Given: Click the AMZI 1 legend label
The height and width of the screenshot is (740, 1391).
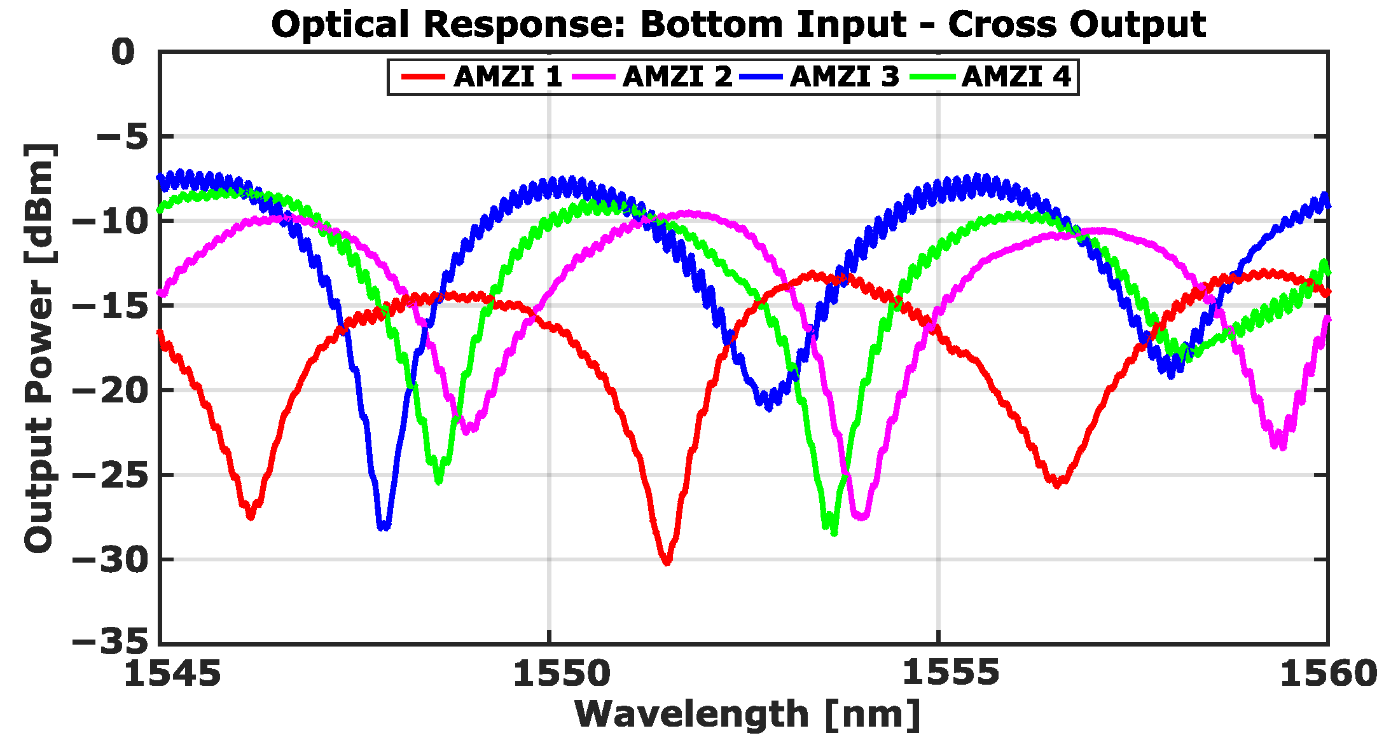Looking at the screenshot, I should coord(508,77).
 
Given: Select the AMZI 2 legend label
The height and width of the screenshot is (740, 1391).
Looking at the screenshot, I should coord(677,77).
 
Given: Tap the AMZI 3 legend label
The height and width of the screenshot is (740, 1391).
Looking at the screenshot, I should coord(844,77).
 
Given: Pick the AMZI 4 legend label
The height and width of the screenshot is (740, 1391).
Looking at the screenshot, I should coord(1016,77).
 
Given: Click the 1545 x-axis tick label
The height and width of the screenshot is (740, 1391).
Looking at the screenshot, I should coord(172,673).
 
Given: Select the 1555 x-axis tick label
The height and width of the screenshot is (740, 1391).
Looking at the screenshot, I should coord(950,673).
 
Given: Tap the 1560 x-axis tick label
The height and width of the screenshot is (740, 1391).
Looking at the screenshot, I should coord(1327,673).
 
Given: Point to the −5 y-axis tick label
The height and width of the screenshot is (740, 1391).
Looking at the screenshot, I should coord(125,136).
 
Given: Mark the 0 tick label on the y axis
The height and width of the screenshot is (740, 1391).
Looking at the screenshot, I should coord(123,52).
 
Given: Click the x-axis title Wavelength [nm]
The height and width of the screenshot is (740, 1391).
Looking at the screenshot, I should coord(747,714).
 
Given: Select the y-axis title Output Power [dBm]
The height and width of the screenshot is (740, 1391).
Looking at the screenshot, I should coord(39,348).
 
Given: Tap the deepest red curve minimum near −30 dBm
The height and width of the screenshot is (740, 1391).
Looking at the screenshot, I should coord(667,561).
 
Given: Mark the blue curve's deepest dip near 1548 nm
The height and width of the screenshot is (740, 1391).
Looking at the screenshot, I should coord(384,526).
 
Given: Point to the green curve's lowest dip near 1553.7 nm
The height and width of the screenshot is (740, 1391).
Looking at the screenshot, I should coord(832,531).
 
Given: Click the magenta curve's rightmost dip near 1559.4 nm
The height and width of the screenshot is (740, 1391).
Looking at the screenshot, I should coord(1280,445).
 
